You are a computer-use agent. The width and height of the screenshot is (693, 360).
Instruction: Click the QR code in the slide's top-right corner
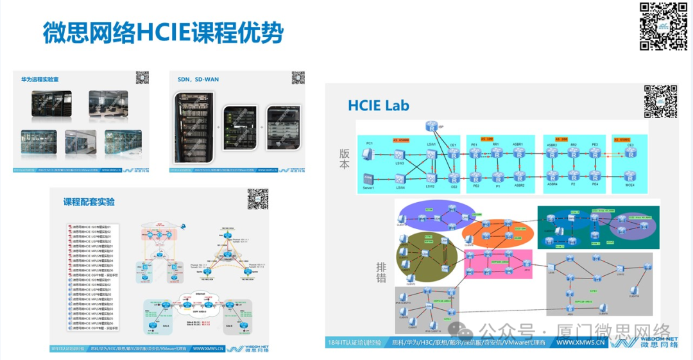[663, 26]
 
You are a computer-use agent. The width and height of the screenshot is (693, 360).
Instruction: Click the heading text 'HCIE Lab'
[379, 105]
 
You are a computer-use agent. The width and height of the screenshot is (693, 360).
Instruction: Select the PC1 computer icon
[368, 154]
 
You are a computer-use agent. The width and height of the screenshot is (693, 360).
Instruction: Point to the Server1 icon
[368, 178]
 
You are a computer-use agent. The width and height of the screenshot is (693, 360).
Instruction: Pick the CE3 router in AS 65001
[630, 154]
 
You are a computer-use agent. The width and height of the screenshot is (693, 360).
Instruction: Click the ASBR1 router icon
[518, 154]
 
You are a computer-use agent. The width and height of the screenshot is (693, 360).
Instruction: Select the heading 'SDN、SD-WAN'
[198, 80]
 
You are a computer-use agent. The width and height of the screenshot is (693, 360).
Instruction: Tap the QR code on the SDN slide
[298, 78]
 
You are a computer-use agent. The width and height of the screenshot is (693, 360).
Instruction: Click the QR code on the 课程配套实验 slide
[257, 200]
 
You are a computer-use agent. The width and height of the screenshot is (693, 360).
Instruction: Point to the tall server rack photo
[191, 125]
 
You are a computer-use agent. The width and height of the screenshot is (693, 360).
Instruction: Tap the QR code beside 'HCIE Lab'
[660, 101]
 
